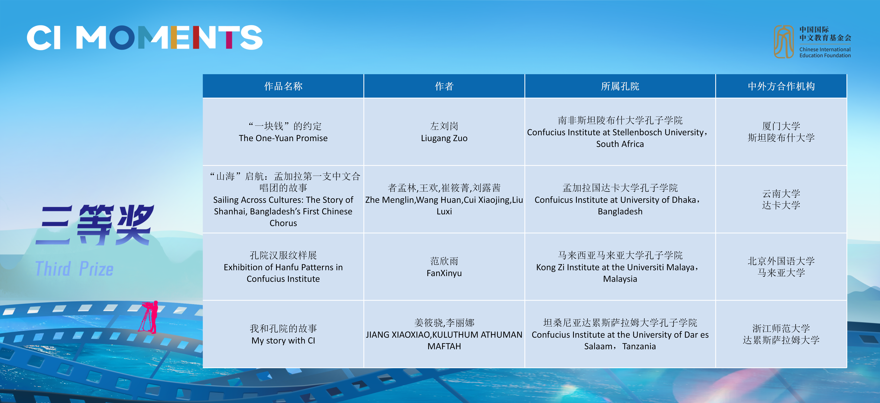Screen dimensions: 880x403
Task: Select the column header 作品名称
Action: coord(283,86)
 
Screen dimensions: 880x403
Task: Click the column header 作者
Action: coord(444,86)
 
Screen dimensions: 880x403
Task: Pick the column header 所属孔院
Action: coord(620,86)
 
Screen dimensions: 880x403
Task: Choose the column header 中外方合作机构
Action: coord(781,86)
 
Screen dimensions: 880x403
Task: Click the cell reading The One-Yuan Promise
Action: coord(283,132)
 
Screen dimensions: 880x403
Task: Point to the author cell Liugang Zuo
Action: coord(444,132)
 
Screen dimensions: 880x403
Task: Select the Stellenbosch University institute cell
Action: coord(620,132)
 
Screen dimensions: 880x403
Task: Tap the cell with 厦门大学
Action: coord(781,132)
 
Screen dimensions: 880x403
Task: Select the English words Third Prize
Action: coord(75,268)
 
